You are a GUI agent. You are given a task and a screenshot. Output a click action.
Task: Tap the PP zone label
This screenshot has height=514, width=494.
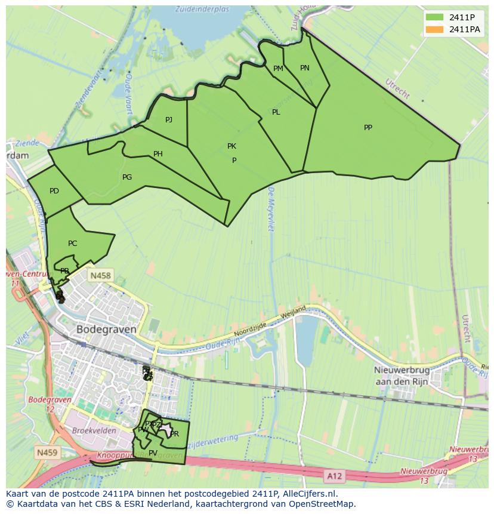pyautogui.click(x=368, y=127)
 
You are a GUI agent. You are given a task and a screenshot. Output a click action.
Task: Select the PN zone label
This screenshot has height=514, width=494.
pyautogui.click(x=304, y=68)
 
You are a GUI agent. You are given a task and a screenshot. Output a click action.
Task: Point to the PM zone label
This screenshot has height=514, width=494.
pyautogui.click(x=278, y=69)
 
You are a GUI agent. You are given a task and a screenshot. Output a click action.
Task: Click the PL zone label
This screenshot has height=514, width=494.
pyautogui.click(x=276, y=112)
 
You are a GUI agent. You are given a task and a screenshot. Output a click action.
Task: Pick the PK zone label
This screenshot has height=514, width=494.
pyautogui.click(x=231, y=146)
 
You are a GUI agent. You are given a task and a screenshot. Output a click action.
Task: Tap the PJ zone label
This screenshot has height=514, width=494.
pyautogui.click(x=169, y=120)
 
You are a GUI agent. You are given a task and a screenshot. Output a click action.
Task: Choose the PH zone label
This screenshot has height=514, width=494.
pyautogui.click(x=158, y=154)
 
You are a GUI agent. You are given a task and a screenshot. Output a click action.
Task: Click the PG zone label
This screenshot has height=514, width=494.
pyautogui.click(x=126, y=177)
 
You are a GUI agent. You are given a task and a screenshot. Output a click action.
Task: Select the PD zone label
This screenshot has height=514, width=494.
pyautogui.click(x=54, y=191)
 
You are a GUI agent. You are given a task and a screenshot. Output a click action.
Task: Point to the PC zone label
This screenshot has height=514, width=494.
pyautogui.click(x=72, y=244)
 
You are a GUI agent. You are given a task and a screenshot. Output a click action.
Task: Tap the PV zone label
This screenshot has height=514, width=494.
pyautogui.click(x=153, y=453)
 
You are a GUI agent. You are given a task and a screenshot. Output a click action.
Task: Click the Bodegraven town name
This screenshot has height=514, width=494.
pyautogui.click(x=106, y=329)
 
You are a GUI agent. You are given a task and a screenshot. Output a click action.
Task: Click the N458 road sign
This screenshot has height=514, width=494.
pyautogui.click(x=99, y=276)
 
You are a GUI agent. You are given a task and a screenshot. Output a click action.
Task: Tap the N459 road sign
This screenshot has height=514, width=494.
pyautogui.click(x=47, y=453)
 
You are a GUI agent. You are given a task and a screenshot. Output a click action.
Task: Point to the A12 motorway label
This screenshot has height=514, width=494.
pyautogui.click(x=334, y=476)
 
